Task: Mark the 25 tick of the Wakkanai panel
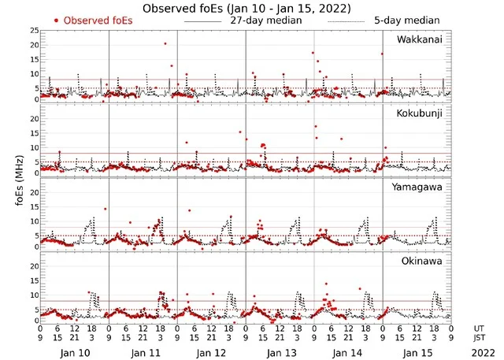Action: tap(32, 30)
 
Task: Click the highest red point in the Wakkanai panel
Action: tap(165, 43)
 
